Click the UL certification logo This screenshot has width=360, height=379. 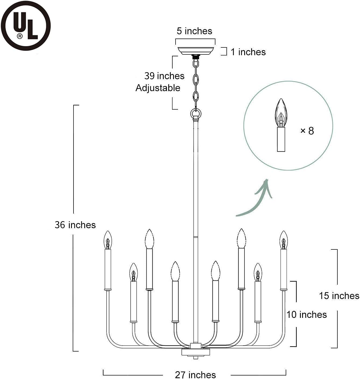point(26,26)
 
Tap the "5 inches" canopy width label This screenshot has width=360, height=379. point(194,31)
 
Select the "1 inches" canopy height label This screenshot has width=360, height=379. point(248,52)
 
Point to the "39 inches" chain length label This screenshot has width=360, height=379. point(164,76)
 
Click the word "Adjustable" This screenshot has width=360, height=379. point(158,88)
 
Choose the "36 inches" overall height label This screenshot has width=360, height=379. point(75,225)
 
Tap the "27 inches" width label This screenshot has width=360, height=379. point(195,374)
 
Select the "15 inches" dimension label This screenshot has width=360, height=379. point(339,296)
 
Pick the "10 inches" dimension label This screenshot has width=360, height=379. point(306,315)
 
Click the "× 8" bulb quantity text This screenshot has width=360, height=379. point(307,131)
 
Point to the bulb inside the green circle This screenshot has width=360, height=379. point(281,113)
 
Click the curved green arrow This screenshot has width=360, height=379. point(256,199)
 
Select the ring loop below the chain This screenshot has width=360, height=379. point(196,113)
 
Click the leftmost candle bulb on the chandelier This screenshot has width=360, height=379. point(108,240)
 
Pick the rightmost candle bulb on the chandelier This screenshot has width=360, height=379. point(284,240)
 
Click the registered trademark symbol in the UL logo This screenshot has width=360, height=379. point(20,36)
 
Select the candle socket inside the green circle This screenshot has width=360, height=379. point(281,139)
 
